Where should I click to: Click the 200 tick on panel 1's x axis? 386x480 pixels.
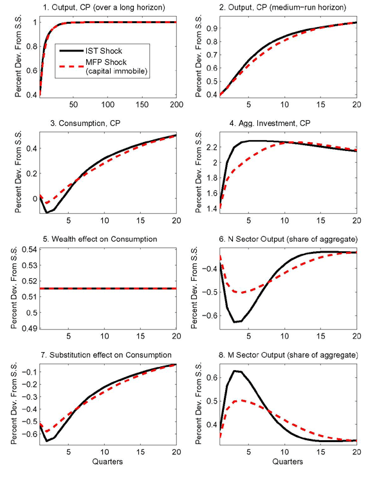pyautogui.click(x=175, y=105)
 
